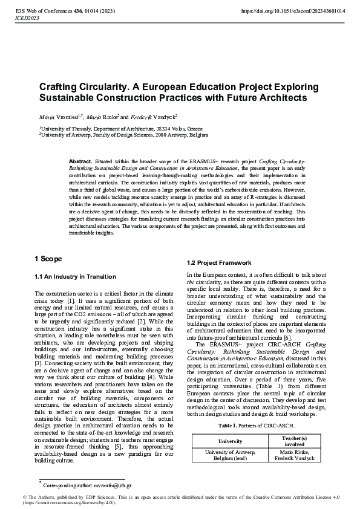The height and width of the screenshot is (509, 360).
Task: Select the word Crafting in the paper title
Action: tap(60, 87)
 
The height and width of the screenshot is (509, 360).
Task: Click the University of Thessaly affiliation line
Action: tap(121, 129)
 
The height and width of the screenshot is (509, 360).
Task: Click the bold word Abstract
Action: tap(80, 162)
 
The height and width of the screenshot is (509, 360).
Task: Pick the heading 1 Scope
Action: tap(48, 259)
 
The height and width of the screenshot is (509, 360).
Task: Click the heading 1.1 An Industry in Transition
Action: tap(75, 276)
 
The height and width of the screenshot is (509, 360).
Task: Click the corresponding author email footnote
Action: tap(87, 485)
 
